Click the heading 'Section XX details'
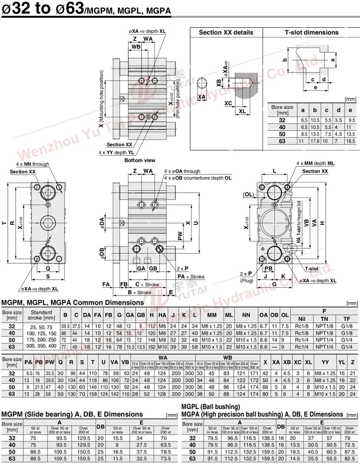click(x=226, y=33)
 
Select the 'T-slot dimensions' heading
click(x=312, y=33)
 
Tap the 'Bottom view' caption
click(x=140, y=160)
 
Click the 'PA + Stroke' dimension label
click(x=191, y=277)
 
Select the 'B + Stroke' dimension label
click(x=139, y=292)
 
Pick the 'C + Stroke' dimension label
click(x=147, y=284)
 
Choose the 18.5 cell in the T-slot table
click(x=351, y=141)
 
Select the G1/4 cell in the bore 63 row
click(x=347, y=345)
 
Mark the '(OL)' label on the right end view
click(x=249, y=195)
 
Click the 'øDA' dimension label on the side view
click(x=102, y=222)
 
